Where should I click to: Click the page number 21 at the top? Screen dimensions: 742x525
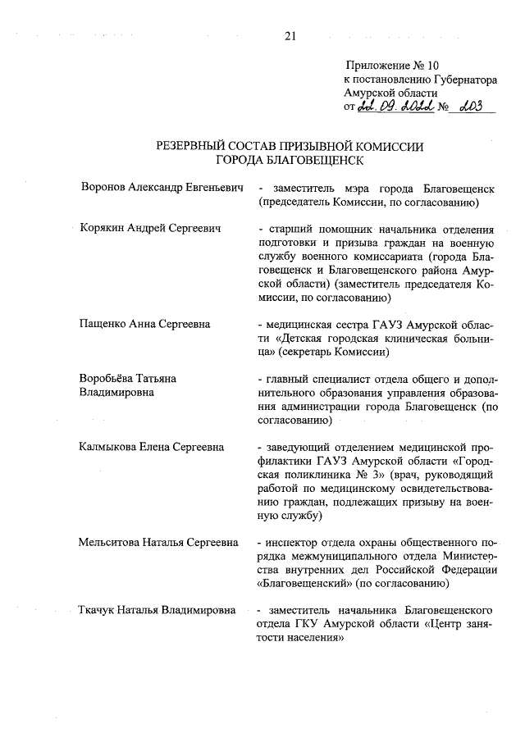[290, 35]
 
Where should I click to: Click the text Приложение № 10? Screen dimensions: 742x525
[387, 65]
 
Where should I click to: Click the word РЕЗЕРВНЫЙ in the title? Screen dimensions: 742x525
[195, 147]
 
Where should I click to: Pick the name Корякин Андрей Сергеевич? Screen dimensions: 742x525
[151, 228]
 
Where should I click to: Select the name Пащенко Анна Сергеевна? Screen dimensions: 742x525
[144, 324]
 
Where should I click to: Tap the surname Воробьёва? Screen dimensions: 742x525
[111, 379]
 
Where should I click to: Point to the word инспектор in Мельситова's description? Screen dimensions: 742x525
[290, 542]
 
